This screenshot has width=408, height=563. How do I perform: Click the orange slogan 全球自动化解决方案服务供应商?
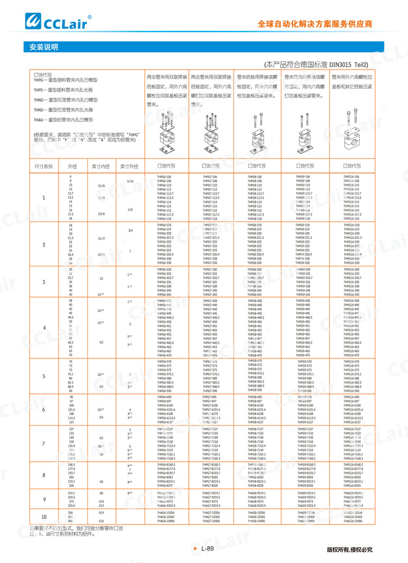315,24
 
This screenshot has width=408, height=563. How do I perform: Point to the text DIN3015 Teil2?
345,65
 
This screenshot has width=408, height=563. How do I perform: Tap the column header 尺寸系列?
44,166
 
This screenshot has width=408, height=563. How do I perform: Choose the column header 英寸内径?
101,166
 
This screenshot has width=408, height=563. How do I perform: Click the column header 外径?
72,166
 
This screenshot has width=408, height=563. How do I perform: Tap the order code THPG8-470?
255,355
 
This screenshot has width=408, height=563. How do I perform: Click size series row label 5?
44,376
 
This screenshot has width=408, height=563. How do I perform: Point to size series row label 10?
44,516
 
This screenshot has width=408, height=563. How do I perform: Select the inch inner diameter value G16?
101,521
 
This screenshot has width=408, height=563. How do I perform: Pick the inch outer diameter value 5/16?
130,181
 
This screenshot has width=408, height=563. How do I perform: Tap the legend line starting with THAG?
63,119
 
